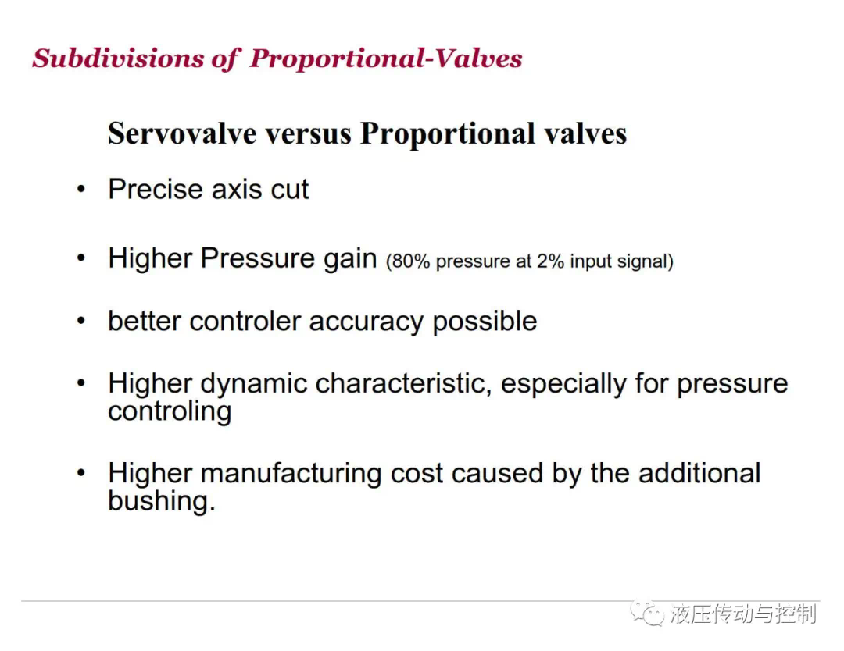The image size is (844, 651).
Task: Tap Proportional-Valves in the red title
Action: pos(386,58)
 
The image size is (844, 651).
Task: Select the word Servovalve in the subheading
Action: pos(182,133)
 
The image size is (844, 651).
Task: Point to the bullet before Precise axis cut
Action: pos(80,189)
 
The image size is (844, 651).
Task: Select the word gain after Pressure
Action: pos(350,259)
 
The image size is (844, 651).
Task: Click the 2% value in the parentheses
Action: pos(550,261)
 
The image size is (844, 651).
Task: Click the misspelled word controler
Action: pos(245,322)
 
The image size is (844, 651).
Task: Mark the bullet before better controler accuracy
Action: pos(80,321)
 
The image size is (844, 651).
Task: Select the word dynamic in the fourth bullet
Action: pos(254,384)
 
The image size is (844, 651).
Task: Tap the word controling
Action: pos(170,412)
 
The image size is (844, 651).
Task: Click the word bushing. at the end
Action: pos(162,502)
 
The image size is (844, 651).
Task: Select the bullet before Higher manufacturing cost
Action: pos(80,473)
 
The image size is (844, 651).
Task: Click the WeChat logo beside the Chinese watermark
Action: pos(648,614)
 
